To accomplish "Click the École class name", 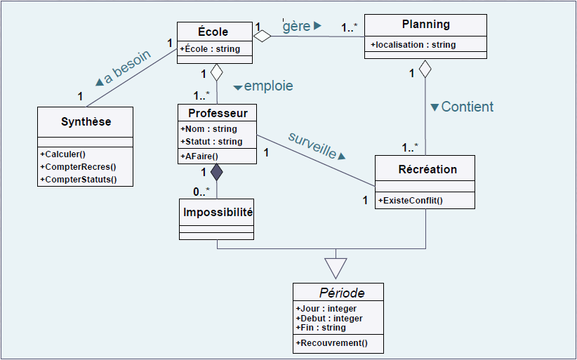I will pyautogui.click(x=213, y=32).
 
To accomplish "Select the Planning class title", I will pyautogui.click(x=425, y=25).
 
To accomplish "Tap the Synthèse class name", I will pyautogui.click(x=86, y=121).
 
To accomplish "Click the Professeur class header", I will pyautogui.click(x=218, y=113).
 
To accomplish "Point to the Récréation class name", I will pyautogui.click(x=427, y=169).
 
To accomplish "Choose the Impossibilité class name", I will pyautogui.click(x=218, y=211).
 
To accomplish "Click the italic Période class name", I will pyautogui.click(x=342, y=292).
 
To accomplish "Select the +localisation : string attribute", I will pyautogui.click(x=413, y=45).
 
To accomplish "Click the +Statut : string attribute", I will pyautogui.click(x=211, y=142).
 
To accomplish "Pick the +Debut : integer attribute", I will pyautogui.click(x=329, y=319).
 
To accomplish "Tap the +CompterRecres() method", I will pyautogui.click(x=78, y=167).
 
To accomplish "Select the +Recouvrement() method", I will pyautogui.click(x=332, y=343).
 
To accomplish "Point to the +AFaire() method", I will pyautogui.click(x=200, y=156).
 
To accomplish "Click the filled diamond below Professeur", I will pyautogui.click(x=217, y=172).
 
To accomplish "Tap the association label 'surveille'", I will pyautogui.click(x=313, y=143).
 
